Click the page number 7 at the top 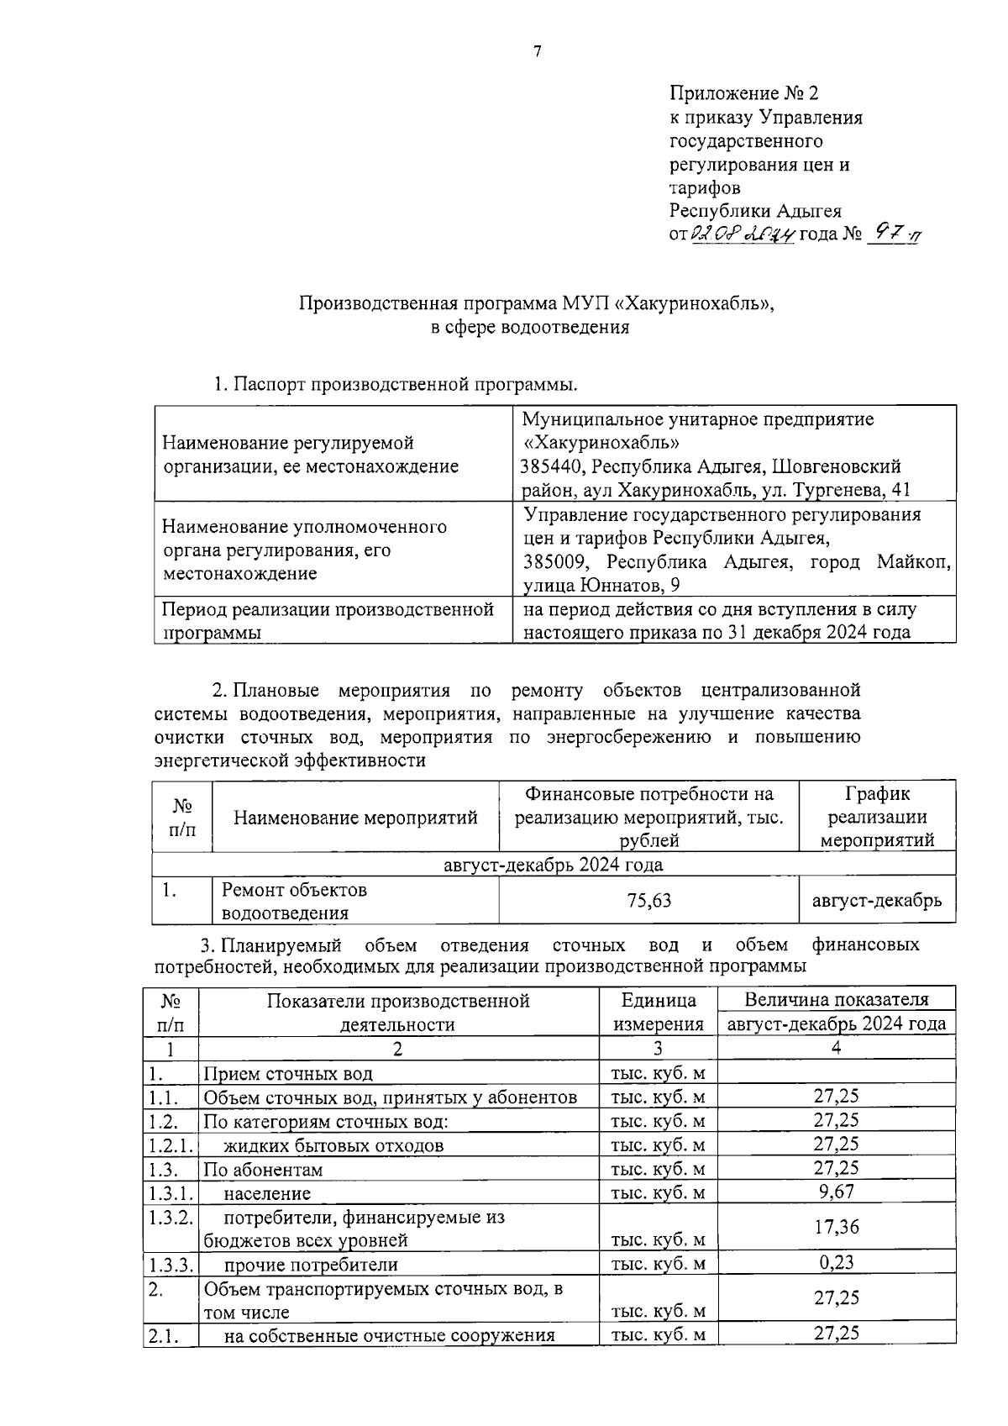click(538, 52)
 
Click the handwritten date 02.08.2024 click(742, 234)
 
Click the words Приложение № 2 click(743, 93)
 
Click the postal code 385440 click(555, 466)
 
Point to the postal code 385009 click(555, 561)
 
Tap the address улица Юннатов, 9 click(601, 585)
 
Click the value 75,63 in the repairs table click(648, 901)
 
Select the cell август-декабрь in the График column click(876, 901)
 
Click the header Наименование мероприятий click(355, 818)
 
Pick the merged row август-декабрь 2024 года click(553, 865)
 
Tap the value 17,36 click(836, 1227)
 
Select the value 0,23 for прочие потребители click(836, 1262)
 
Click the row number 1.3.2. click(171, 1217)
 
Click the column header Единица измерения click(659, 1012)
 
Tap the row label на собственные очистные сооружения click(389, 1335)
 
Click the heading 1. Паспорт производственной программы click(396, 386)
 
